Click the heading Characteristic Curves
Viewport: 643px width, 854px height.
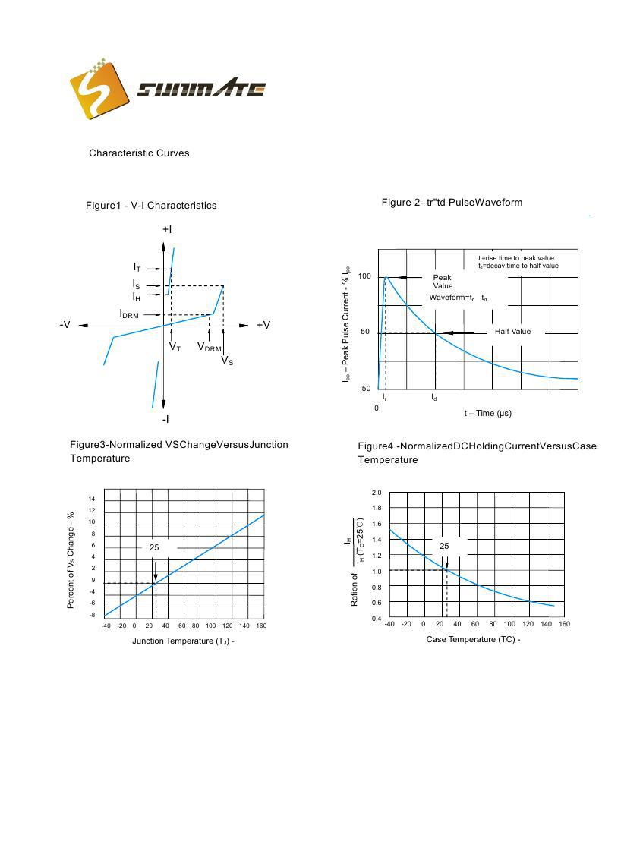click(x=139, y=153)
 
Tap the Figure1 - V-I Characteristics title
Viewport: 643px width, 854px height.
click(x=151, y=206)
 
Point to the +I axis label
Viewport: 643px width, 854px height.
click(x=167, y=229)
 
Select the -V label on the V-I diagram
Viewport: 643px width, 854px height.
click(x=65, y=325)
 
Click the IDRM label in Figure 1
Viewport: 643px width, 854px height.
click(x=129, y=314)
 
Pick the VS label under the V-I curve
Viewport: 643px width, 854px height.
click(x=227, y=361)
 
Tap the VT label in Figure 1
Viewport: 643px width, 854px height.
click(x=175, y=347)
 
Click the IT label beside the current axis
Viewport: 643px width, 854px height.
click(x=137, y=267)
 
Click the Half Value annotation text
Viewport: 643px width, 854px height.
click(x=512, y=332)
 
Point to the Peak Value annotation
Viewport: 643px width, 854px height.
click(x=443, y=282)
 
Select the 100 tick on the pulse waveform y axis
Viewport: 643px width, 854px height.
click(x=364, y=276)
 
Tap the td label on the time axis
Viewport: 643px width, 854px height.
click(x=434, y=397)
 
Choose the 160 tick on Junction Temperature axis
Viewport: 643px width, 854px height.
click(x=261, y=626)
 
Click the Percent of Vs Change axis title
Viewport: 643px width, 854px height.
click(x=71, y=559)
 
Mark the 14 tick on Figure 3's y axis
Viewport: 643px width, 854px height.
click(x=92, y=499)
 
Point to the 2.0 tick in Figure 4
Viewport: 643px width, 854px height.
click(x=377, y=493)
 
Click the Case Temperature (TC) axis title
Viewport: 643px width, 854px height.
click(x=472, y=639)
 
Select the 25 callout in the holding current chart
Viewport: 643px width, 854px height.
click(x=444, y=546)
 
